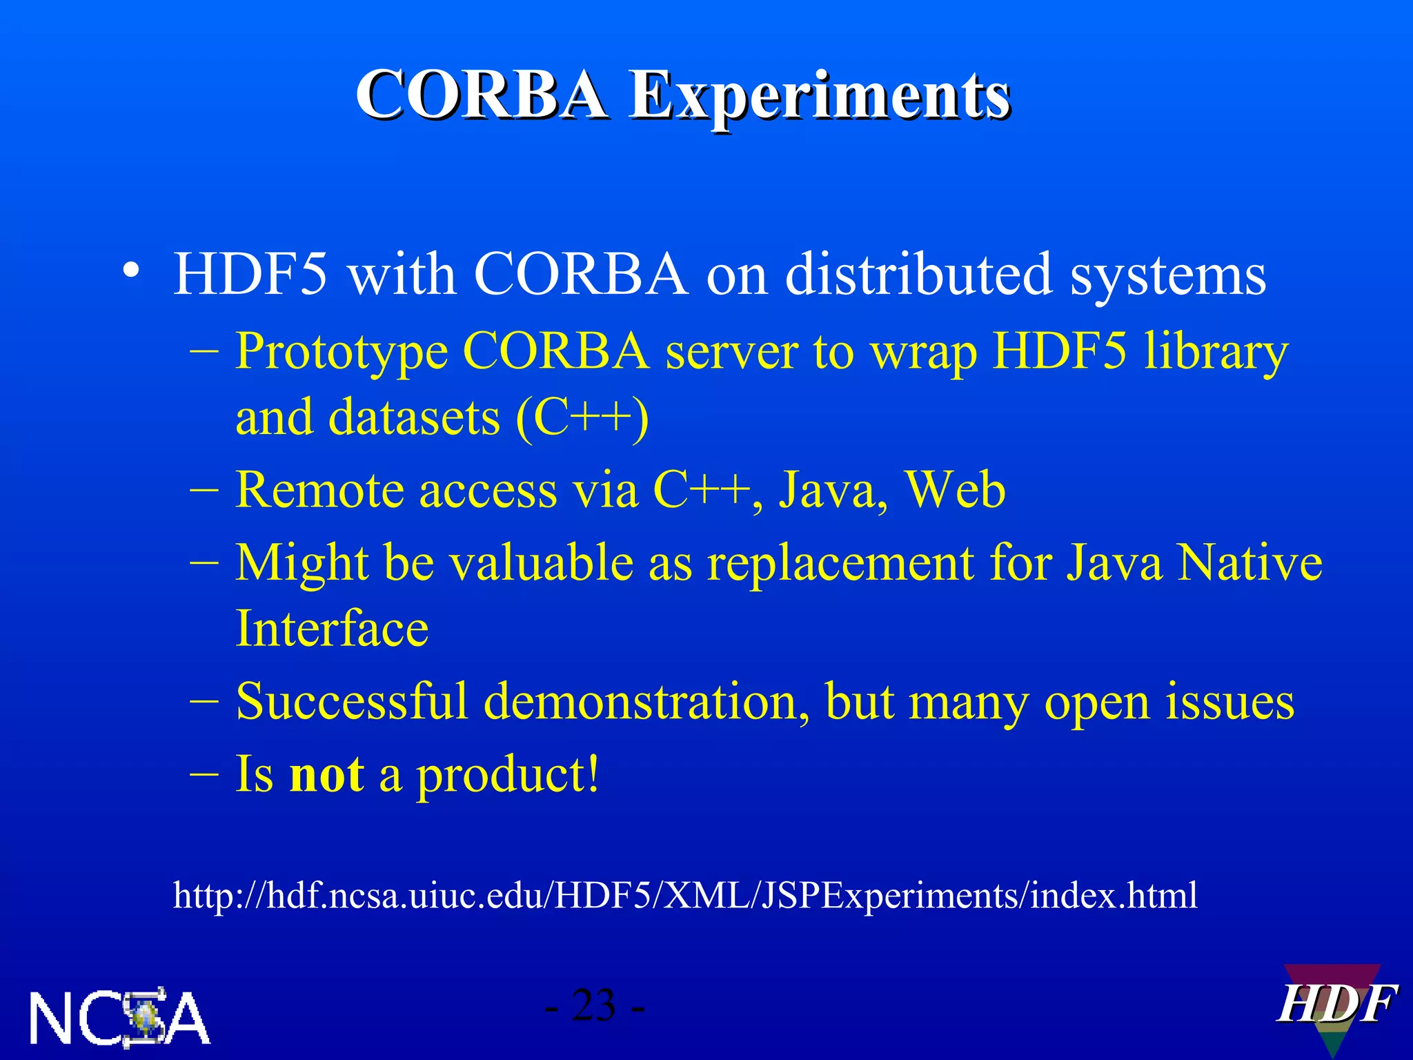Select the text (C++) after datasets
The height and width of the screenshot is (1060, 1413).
[582, 418]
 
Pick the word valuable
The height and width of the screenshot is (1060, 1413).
[541, 562]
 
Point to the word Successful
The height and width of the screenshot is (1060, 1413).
[351, 702]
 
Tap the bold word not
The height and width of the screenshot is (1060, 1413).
[326, 774]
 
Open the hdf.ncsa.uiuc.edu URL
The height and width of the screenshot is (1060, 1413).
[684, 896]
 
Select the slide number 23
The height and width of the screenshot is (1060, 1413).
[594, 1005]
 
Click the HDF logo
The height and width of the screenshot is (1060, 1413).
[1334, 1006]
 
